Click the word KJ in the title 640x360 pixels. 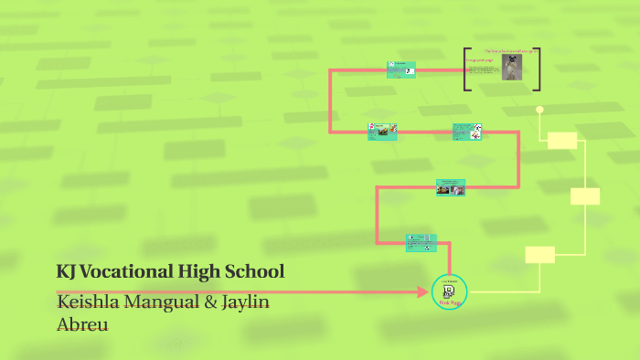(67, 271)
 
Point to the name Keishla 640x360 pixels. (88, 302)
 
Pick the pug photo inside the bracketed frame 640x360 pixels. (511, 68)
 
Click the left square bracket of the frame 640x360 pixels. (466, 69)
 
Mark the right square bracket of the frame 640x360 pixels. (537, 69)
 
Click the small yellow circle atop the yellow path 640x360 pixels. (539, 110)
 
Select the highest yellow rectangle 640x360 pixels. (562, 140)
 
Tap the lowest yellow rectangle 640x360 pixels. (540, 255)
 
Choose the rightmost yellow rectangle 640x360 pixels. (585, 196)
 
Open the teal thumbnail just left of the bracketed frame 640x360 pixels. (401, 69)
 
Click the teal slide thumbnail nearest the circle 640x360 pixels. (421, 242)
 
